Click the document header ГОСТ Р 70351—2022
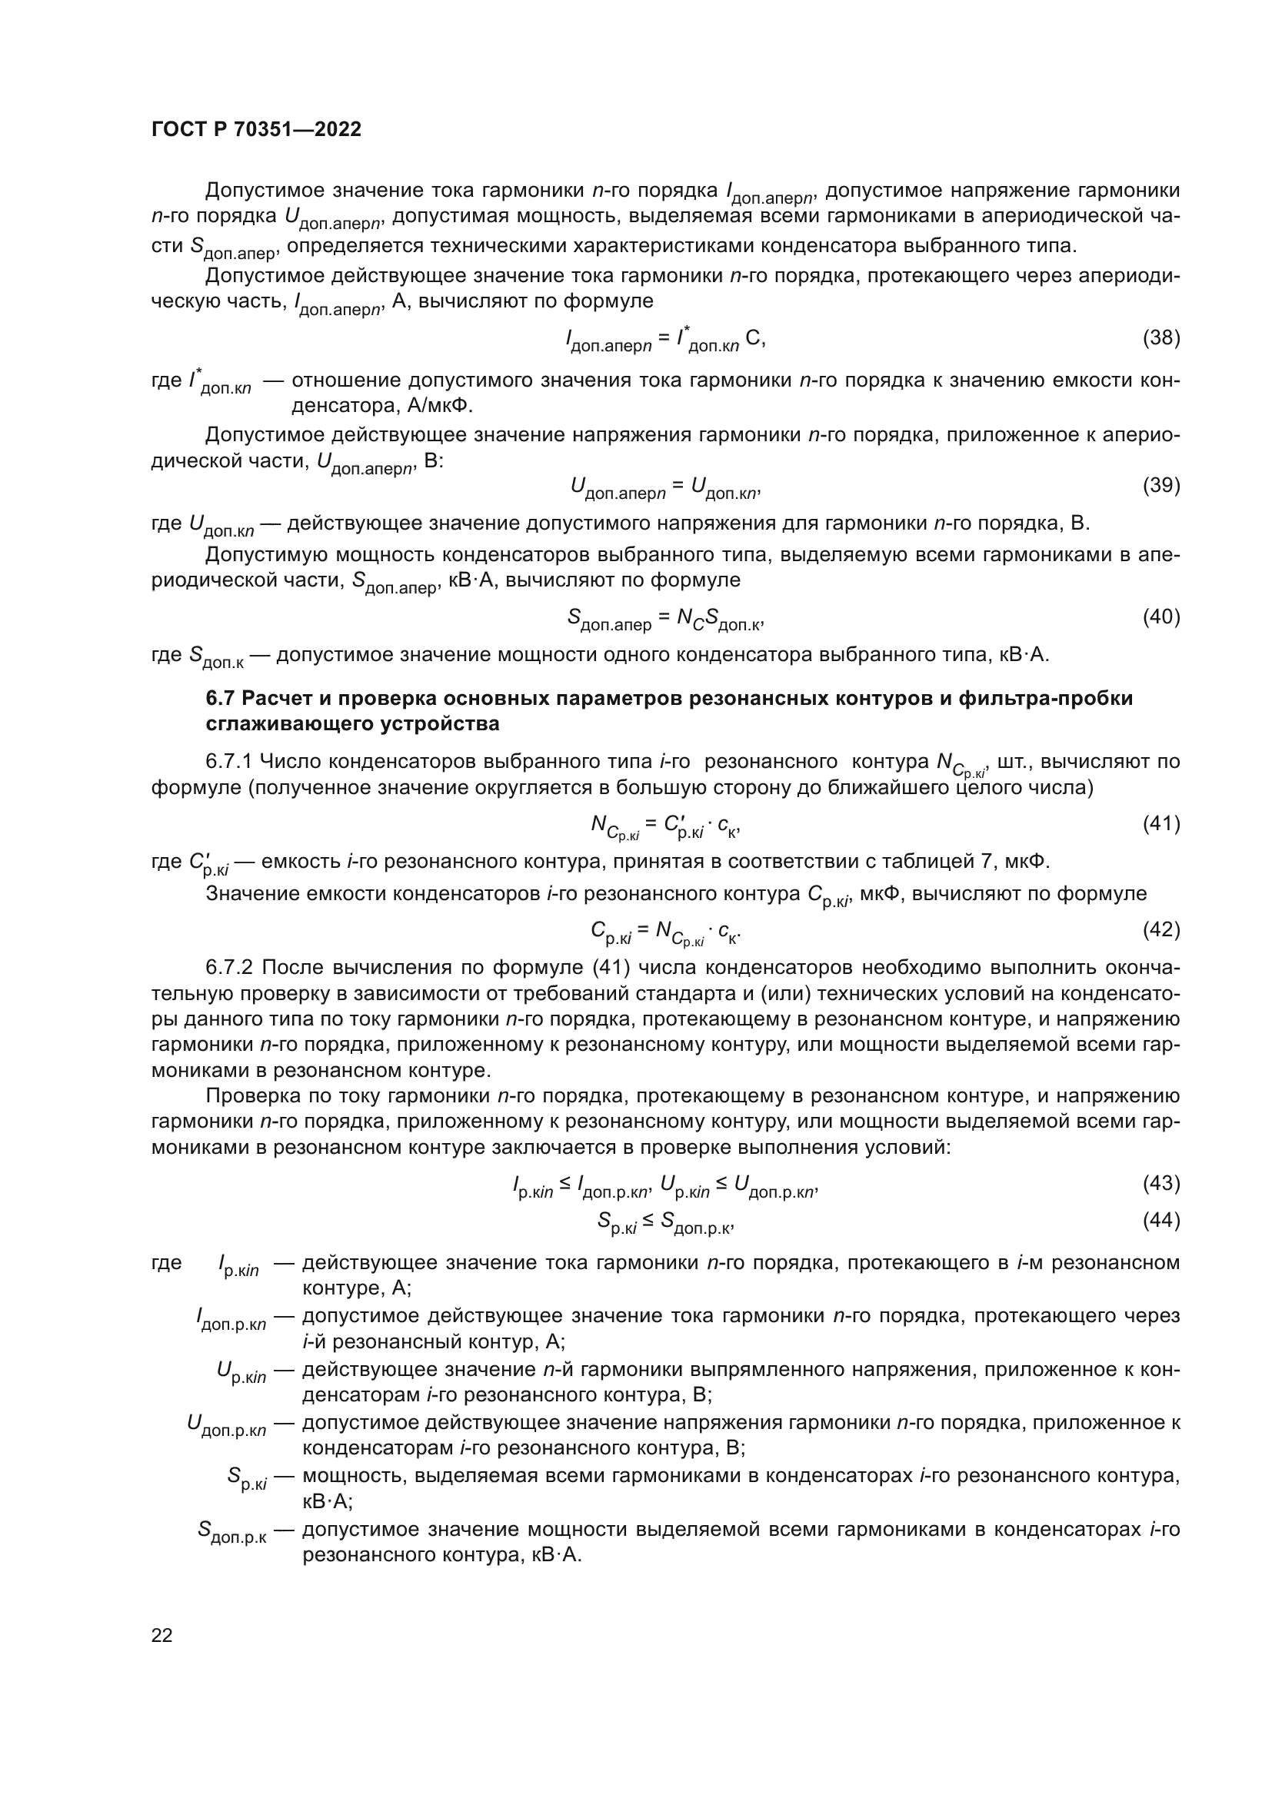[x=256, y=130]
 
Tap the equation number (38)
[x=1160, y=337]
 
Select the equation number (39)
[x=1160, y=486]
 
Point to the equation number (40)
[x=1160, y=617]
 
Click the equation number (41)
[x=1160, y=823]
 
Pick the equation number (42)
[x=1160, y=929]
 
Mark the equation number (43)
[x=1160, y=1182]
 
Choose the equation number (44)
[x=1160, y=1220]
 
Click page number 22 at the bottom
[x=162, y=1635]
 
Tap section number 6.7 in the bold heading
[x=221, y=698]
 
